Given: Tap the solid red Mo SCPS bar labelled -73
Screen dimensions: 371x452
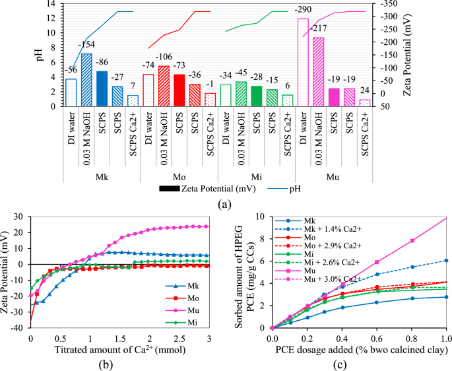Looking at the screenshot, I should [179, 90].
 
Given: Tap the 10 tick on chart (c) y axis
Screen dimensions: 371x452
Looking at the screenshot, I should [262, 217].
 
